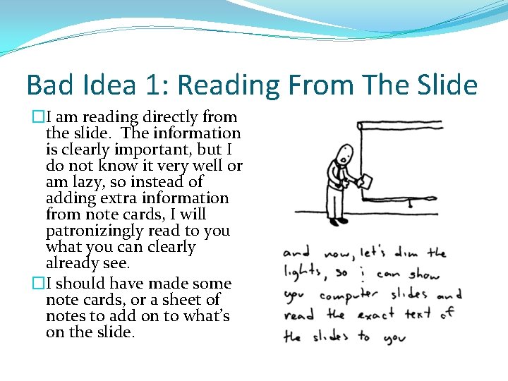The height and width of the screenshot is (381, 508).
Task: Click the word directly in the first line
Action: click(x=169, y=117)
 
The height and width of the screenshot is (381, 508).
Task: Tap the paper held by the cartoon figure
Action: click(x=365, y=181)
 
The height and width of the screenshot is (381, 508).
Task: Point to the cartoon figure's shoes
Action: click(x=339, y=221)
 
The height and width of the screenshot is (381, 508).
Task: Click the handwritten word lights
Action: click(x=302, y=272)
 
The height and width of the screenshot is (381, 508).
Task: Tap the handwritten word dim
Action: click(x=405, y=252)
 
